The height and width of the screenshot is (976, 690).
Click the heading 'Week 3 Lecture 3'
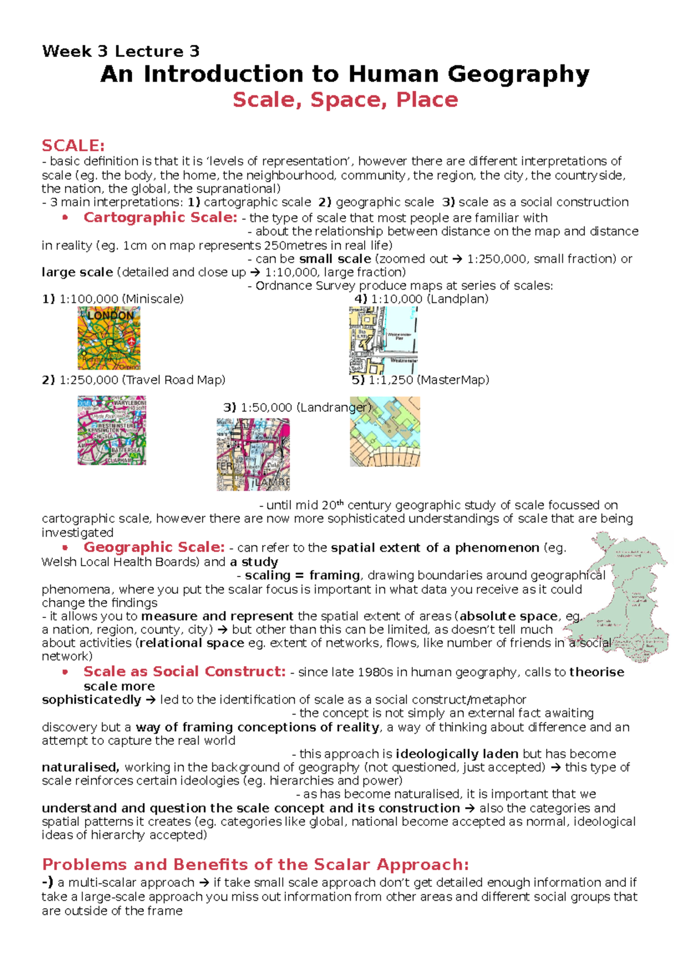pyautogui.click(x=121, y=51)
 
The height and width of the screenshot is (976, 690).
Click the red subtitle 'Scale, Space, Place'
pyautogui.click(x=345, y=100)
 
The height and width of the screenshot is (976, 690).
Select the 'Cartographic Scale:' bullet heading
pyautogui.click(x=160, y=217)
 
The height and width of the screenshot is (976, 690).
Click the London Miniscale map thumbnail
pyautogui.click(x=109, y=337)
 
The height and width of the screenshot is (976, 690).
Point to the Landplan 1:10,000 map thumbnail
pyautogui.click(x=383, y=340)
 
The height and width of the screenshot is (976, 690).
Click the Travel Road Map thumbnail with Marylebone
pyautogui.click(x=112, y=430)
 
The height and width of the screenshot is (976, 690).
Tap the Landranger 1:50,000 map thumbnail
pyautogui.click(x=253, y=454)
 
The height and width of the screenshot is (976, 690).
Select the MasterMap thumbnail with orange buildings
pyautogui.click(x=385, y=431)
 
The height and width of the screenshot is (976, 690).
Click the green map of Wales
pyautogui.click(x=632, y=598)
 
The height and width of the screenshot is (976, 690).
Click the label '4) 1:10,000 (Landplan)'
pyautogui.click(x=421, y=299)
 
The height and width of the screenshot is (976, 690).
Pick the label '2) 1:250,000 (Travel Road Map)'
pyautogui.click(x=133, y=380)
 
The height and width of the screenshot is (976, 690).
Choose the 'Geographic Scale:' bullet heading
pyautogui.click(x=154, y=547)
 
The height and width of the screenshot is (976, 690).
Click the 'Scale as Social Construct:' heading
pyautogui.click(x=184, y=671)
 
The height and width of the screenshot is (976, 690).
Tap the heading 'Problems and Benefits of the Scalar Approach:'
pyautogui.click(x=255, y=864)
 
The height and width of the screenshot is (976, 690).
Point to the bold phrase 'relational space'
pyautogui.click(x=191, y=643)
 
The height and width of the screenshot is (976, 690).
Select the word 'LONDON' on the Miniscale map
pyautogui.click(x=110, y=316)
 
